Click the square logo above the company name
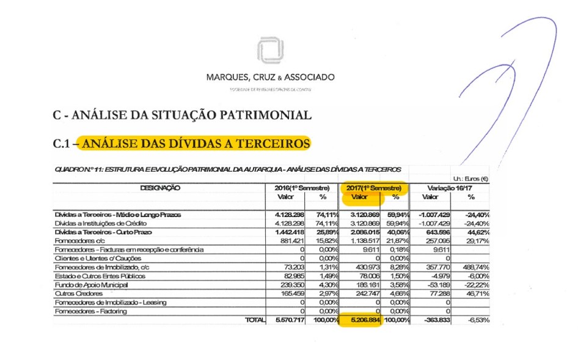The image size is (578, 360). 270,50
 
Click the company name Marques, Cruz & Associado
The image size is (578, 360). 271,78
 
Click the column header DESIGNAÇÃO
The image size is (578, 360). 160,188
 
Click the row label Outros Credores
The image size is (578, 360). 81,293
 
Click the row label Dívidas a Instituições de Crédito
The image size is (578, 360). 104,224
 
